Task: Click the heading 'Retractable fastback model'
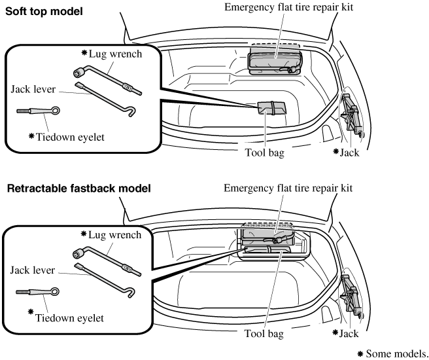click(78, 189)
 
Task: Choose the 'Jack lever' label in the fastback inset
click(31, 269)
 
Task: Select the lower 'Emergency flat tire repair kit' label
click(288, 188)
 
